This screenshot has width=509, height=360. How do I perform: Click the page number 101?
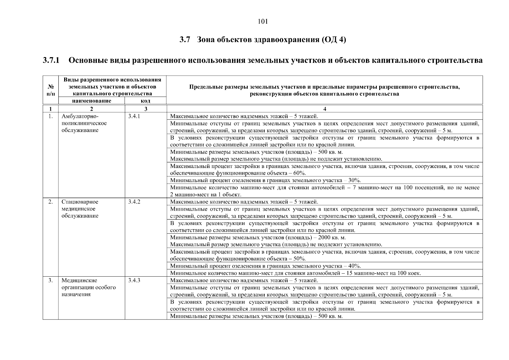tap(263, 22)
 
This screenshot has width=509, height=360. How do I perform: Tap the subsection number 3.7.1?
tap(51, 60)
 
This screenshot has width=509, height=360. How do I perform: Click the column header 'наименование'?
tap(91, 101)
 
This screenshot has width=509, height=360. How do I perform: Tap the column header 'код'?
tap(145, 101)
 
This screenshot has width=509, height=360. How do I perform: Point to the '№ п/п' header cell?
tap(51, 90)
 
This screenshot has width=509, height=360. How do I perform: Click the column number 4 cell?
tap(325, 109)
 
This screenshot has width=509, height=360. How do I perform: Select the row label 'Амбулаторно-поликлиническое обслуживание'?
tap(84, 123)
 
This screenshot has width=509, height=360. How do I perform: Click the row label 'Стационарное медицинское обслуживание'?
tap(80, 209)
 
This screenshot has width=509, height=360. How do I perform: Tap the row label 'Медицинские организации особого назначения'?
tap(88, 287)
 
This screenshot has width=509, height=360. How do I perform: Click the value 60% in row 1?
tap(299, 173)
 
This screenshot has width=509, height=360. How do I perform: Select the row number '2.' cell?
tap(51, 202)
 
